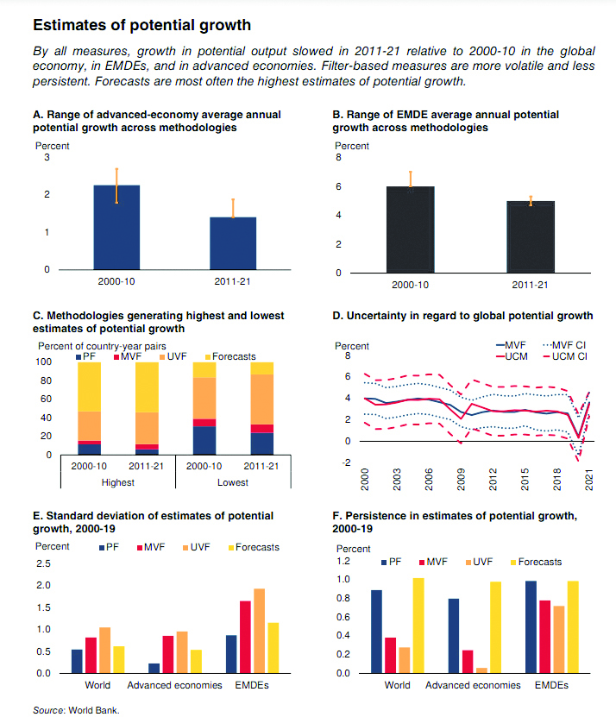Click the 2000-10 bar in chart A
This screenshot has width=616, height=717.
tap(116, 227)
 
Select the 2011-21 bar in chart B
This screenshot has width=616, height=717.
tap(531, 237)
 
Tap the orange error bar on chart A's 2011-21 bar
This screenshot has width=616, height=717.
tap(233, 208)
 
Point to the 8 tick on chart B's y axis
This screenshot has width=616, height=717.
tap(338, 157)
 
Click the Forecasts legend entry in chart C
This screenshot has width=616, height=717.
tap(230, 356)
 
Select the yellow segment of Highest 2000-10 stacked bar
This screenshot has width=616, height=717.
tap(89, 387)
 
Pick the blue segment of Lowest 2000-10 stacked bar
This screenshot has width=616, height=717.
tap(204, 440)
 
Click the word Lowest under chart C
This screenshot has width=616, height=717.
tap(233, 482)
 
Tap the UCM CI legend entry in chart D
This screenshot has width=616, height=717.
tap(564, 356)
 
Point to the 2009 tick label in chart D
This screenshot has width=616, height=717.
tap(461, 479)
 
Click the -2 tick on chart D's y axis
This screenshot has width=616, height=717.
tap(347, 462)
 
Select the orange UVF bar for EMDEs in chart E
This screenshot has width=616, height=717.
tap(260, 631)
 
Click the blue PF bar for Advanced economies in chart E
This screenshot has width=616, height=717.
tap(154, 668)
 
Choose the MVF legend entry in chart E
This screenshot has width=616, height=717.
tap(151, 547)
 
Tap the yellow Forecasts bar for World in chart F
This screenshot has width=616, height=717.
tap(418, 626)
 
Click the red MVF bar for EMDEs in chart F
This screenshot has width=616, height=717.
tap(544, 637)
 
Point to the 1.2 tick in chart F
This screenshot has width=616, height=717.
tap(343, 561)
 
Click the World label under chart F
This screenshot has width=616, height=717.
tap(397, 685)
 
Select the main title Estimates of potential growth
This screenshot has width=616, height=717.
tap(141, 25)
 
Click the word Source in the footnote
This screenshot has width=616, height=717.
tap(48, 710)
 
